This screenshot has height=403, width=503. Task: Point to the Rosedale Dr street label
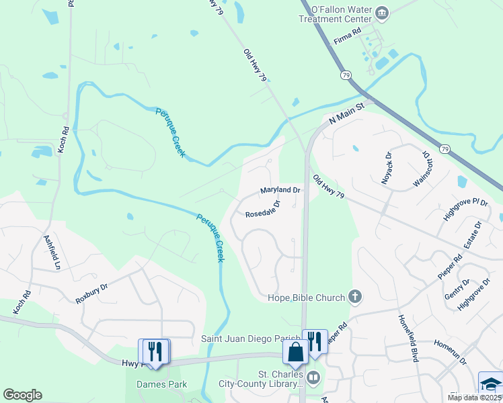pos(262,210)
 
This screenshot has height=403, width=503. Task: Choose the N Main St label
pos(346,115)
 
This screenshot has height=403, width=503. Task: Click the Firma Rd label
pos(348,35)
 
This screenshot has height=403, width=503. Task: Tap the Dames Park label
pos(161,384)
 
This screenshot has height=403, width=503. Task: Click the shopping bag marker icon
pos(295,351)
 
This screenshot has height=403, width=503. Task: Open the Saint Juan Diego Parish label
pos(250,339)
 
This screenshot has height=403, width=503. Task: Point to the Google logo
pos(22,394)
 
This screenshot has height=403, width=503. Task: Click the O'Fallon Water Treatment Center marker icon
pos(382,11)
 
